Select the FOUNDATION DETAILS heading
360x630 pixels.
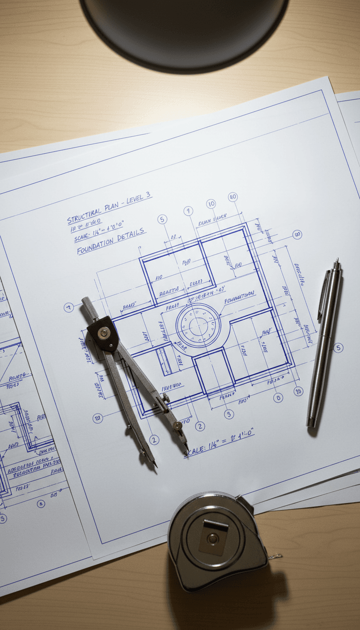click(x=111, y=241)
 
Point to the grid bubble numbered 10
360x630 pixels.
click(x=211, y=203)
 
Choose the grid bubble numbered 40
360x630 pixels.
click(x=232, y=197)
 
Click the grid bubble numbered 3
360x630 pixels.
click(x=297, y=234)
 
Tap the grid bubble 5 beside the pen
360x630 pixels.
click(x=338, y=347)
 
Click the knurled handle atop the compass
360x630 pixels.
click(x=90, y=307)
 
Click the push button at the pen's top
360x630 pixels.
click(x=336, y=264)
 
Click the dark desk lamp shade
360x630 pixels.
click(x=184, y=28)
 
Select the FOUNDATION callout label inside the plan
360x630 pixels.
click(x=239, y=297)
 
